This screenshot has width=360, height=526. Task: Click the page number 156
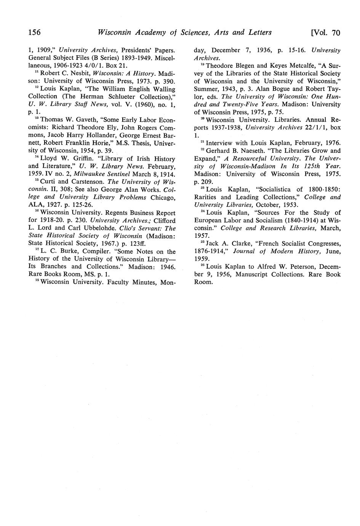tap(35, 32)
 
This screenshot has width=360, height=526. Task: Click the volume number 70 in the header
tap(335, 33)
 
